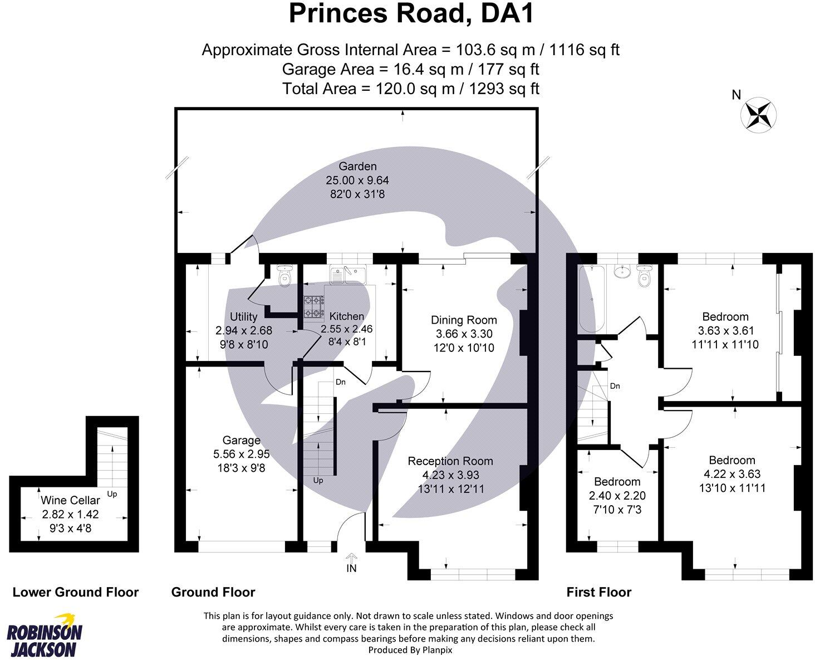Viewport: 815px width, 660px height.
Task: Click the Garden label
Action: [x=357, y=166]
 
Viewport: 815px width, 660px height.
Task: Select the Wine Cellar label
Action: [x=70, y=500]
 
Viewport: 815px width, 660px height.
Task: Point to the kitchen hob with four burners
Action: [x=313, y=306]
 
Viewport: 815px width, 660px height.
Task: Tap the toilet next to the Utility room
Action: [x=284, y=275]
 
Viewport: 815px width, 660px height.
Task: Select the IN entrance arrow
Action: [x=351, y=559]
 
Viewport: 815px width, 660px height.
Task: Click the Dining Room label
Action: [x=464, y=320]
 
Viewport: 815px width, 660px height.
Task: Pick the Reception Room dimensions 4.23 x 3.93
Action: [x=450, y=475]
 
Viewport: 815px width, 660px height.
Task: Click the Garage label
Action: [x=241, y=440]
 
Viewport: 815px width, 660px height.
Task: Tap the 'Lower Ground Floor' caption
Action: [x=75, y=592]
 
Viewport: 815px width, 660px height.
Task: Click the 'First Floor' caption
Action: [x=598, y=592]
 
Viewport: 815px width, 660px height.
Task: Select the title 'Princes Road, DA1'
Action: [x=411, y=14]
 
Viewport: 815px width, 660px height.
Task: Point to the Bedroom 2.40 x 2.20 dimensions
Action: [x=617, y=495]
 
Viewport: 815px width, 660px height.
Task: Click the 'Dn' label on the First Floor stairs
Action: [x=615, y=386]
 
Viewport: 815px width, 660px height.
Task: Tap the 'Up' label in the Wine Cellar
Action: [x=111, y=493]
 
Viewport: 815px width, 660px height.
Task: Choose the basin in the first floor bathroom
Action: [x=620, y=272]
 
